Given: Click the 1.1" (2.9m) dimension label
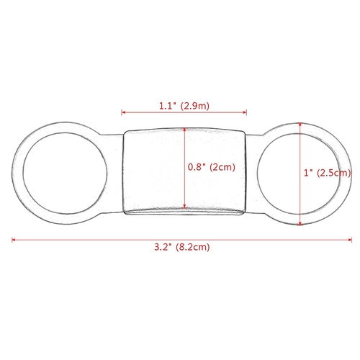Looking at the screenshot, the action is pyautogui.click(x=184, y=106).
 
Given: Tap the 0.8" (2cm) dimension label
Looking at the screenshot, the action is pyautogui.click(x=212, y=167).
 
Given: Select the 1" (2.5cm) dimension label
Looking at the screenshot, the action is pyautogui.click(x=327, y=173).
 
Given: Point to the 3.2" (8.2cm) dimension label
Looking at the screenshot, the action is pyautogui.click(x=182, y=247).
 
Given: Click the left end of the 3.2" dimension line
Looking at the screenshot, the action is pyautogui.click(x=12, y=240).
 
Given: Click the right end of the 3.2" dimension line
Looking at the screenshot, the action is pyautogui.click(x=351, y=240).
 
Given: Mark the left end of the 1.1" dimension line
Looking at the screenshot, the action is pyautogui.click(x=122, y=112).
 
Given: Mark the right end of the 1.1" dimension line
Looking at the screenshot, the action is pyautogui.click(x=246, y=112).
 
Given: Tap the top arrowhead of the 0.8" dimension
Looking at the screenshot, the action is pyautogui.click(x=184, y=130).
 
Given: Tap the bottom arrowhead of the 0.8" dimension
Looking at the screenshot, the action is pyautogui.click(x=184, y=206).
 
